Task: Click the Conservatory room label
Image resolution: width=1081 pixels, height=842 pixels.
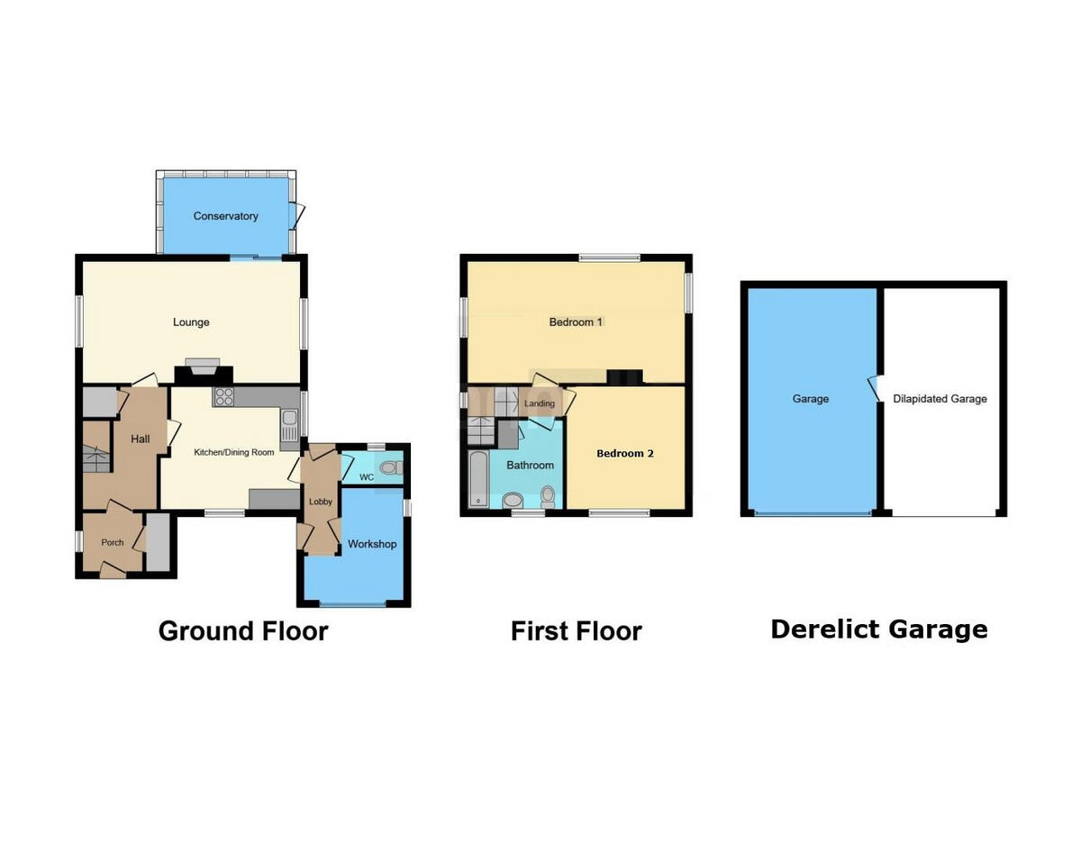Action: click(225, 216)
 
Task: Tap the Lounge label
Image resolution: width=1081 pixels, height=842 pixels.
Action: click(191, 322)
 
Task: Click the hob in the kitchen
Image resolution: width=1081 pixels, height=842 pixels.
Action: click(223, 397)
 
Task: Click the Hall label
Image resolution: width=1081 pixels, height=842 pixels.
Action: click(141, 439)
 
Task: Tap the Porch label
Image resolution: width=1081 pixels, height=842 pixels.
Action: click(113, 542)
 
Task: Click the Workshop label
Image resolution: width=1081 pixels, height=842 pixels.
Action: click(372, 544)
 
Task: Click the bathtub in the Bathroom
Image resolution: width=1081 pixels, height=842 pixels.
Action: click(478, 478)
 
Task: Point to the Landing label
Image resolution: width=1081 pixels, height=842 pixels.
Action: click(540, 403)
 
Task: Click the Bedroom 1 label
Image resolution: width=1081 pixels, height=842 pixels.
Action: click(576, 322)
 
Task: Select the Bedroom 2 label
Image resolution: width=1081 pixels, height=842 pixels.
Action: click(625, 453)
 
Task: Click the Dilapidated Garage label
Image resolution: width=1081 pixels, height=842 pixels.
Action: click(940, 399)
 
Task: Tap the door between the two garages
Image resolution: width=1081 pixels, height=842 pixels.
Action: click(873, 389)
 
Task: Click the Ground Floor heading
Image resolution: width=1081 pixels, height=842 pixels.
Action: click(243, 630)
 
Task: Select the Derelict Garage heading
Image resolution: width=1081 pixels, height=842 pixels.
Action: click(878, 629)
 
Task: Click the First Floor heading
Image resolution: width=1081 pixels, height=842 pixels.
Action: click(576, 630)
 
